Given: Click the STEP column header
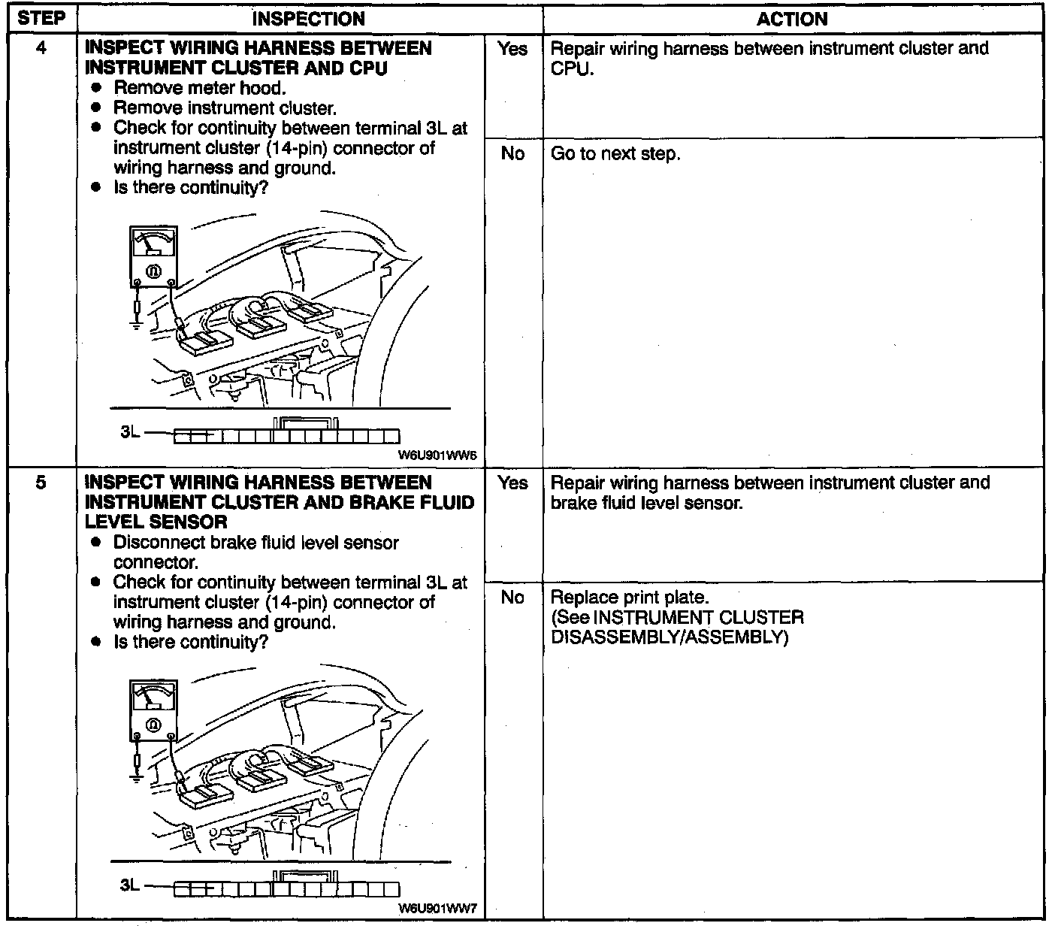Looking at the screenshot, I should tap(41, 19).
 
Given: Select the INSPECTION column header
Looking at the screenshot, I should tap(308, 19).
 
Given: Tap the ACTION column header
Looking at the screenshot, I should tap(792, 19).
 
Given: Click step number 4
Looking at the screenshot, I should tap(41, 49).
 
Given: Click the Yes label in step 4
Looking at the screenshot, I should tap(512, 50).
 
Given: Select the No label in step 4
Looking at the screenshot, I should tap(512, 154).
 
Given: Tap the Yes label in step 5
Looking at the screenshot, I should tap(512, 483).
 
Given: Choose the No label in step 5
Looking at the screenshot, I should tap(512, 598).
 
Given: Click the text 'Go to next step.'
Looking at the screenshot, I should tap(615, 154).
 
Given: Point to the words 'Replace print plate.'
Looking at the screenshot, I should tap(630, 598).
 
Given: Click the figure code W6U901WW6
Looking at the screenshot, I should tap(438, 455).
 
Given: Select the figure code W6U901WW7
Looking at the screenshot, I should tap(438, 908).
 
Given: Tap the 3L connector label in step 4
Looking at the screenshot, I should tap(130, 434).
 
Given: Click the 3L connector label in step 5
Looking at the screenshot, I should tap(130, 886).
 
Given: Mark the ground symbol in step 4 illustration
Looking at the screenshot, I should tap(137, 325).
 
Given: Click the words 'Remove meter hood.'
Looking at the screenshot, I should tap(199, 88).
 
